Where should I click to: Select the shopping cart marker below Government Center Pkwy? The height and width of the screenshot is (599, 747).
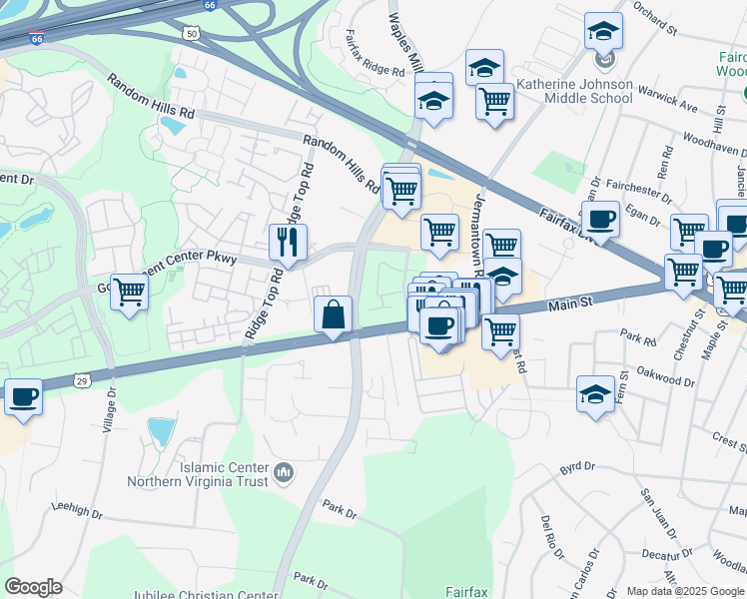tap(129, 293)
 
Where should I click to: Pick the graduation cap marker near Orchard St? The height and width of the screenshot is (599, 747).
tap(602, 30)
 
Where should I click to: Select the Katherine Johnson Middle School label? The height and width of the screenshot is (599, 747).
tap(574, 91)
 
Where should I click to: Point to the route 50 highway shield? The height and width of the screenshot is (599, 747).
tap(191, 33)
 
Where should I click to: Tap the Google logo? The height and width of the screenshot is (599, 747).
tap(33, 587)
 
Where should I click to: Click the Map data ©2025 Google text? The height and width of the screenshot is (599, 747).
tap(685, 591)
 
